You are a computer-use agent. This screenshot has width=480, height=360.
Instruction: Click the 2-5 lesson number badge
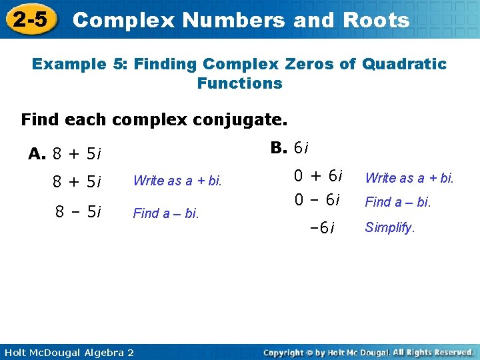[x=31, y=20]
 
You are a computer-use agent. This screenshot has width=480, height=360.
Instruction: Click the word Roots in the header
[x=377, y=20]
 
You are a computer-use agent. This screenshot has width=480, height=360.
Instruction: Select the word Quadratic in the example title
[x=404, y=64]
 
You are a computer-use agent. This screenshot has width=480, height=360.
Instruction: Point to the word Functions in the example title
[x=239, y=83]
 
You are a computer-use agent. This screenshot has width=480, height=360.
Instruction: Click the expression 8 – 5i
[x=78, y=213]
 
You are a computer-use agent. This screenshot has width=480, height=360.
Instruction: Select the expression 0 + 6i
[x=318, y=177]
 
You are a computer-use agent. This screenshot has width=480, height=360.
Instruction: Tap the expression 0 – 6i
[x=318, y=200]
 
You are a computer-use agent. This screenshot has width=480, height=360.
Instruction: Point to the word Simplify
[x=389, y=227]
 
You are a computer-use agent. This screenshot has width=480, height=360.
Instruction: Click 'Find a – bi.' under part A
[x=166, y=213]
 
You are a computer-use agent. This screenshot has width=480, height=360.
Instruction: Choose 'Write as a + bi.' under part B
[x=409, y=177]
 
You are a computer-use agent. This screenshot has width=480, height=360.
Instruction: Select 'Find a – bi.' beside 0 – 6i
[x=397, y=201]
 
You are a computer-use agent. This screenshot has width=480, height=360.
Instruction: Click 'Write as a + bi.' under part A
[x=177, y=181]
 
